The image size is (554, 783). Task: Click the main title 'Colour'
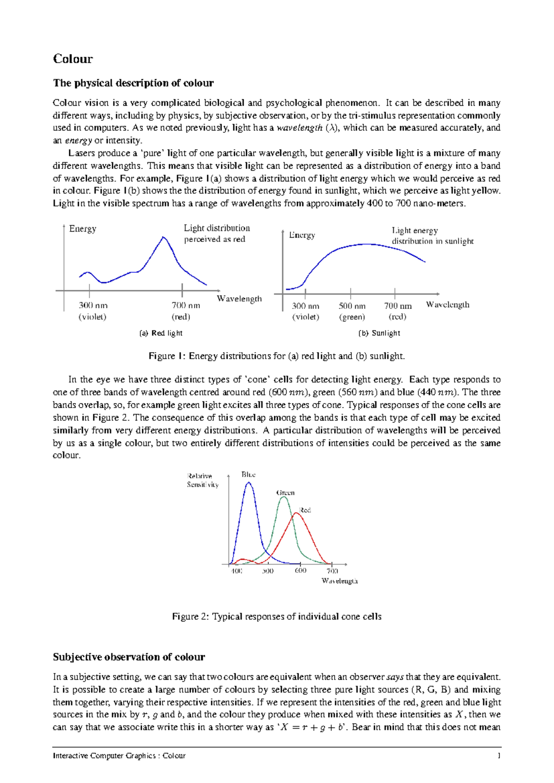pyautogui.click(x=73, y=59)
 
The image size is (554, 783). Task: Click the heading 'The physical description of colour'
pyautogui.click(x=133, y=83)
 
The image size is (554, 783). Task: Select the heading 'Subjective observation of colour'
pyautogui.click(x=129, y=657)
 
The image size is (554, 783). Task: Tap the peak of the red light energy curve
pyautogui.click(x=163, y=237)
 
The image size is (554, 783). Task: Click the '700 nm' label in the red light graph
pyautogui.click(x=186, y=305)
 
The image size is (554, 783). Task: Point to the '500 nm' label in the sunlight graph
pyautogui.click(x=352, y=306)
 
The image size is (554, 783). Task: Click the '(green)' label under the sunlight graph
pyautogui.click(x=352, y=317)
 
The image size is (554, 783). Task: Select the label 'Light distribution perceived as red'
pyautogui.click(x=216, y=233)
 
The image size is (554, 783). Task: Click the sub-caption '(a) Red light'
pyautogui.click(x=161, y=333)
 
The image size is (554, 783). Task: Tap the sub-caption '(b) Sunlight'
pyautogui.click(x=379, y=333)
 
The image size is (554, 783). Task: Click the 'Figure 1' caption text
pyautogui.click(x=276, y=356)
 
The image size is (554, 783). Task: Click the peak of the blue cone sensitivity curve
pyautogui.click(x=249, y=482)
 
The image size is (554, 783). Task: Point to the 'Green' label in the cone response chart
pyautogui.click(x=285, y=493)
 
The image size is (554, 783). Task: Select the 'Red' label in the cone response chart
pyautogui.click(x=305, y=510)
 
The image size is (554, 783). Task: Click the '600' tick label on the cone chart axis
pyautogui.click(x=301, y=571)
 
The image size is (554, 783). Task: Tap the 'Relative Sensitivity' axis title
pyautogui.click(x=202, y=480)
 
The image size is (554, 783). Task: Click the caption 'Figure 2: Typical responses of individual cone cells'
pyautogui.click(x=277, y=617)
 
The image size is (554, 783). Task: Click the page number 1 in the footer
pyautogui.click(x=499, y=756)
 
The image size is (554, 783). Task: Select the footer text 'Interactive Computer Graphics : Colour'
pyautogui.click(x=119, y=756)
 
